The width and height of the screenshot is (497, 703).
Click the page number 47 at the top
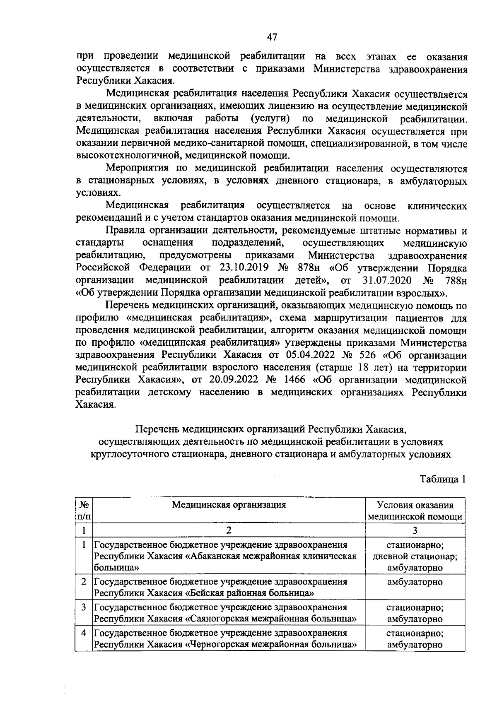272,37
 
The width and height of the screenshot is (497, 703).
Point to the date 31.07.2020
387,280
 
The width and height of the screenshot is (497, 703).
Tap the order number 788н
456,280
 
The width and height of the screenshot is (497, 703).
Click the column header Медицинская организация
229,505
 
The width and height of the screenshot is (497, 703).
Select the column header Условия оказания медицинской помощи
415,511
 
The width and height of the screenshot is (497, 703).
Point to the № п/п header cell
84,511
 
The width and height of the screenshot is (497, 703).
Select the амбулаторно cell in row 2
415,582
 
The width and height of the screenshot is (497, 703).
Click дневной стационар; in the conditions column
415,556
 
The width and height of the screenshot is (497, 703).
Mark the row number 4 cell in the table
84,633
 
